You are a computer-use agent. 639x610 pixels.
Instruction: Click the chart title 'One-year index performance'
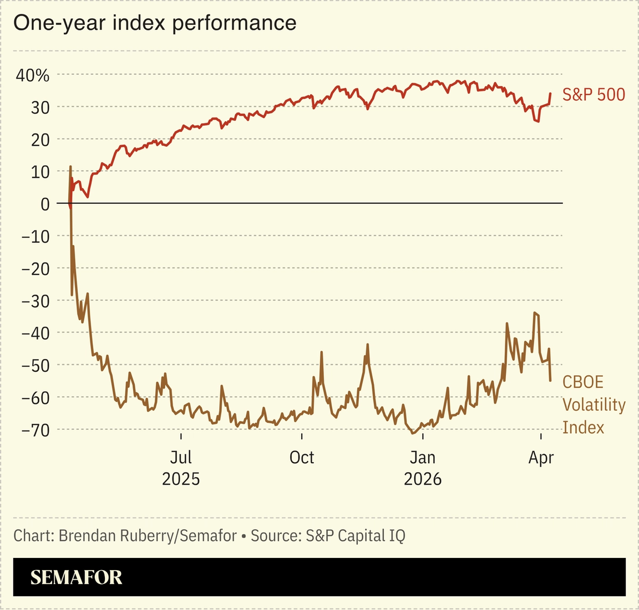coord(155,23)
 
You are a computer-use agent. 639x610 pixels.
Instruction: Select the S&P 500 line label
coord(594,95)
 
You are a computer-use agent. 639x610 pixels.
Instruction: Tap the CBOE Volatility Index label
coord(593,405)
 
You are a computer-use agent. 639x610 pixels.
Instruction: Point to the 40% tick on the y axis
coord(32,75)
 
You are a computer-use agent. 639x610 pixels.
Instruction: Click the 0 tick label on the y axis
coord(45,204)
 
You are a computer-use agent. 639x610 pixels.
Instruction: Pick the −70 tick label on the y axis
coord(35,429)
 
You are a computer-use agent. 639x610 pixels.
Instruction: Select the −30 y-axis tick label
coord(35,301)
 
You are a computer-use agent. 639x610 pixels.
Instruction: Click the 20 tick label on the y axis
coord(39,140)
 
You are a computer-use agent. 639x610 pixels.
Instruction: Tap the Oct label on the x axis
coord(302,458)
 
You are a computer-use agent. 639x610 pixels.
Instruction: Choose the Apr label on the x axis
coord(541,458)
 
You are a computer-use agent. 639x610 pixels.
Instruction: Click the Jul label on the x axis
coord(181,458)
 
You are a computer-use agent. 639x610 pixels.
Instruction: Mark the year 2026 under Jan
coord(423,479)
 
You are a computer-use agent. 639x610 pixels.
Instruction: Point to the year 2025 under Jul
coord(181,479)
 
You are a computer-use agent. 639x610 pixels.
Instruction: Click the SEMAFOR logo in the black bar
coord(76,577)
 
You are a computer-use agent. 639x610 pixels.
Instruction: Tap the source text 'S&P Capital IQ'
coord(356,536)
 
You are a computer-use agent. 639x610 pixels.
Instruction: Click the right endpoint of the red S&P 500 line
coord(550,93)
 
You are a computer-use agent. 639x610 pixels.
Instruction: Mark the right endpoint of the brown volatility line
coord(550,380)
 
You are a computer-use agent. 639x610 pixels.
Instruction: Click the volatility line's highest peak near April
coord(534,313)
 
